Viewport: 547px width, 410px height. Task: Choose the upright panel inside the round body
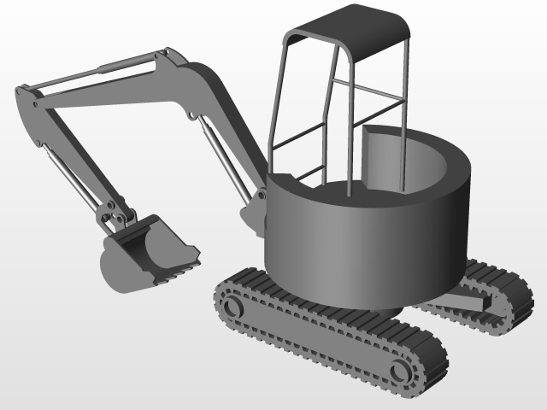click(x=380, y=158)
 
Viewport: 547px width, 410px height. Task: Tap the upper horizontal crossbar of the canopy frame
click(x=368, y=90)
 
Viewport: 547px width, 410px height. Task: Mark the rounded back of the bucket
click(x=115, y=269)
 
